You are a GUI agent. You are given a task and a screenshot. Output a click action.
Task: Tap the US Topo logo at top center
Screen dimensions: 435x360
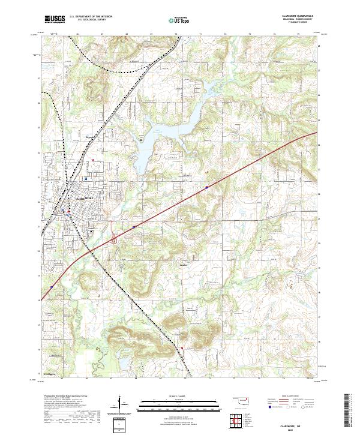point(179,20)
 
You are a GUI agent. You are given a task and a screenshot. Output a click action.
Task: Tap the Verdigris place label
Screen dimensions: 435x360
point(51,373)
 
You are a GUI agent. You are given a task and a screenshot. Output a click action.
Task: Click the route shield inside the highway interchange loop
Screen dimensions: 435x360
point(113,240)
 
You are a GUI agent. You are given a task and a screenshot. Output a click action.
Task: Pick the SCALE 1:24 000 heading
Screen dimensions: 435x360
point(179,397)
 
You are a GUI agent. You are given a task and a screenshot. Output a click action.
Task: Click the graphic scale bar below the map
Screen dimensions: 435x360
point(179,403)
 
